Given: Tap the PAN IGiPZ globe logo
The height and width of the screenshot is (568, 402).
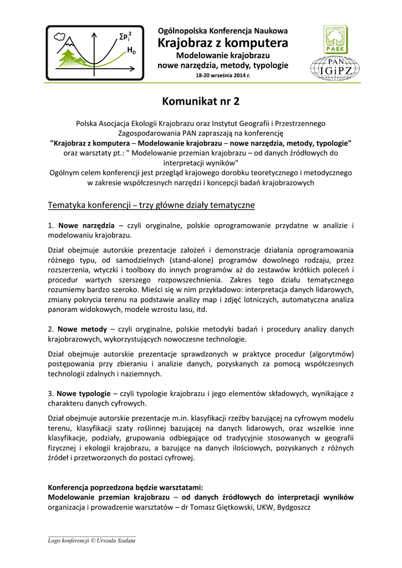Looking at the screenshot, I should [334, 69].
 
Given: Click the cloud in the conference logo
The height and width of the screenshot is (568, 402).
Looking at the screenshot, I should [60, 37].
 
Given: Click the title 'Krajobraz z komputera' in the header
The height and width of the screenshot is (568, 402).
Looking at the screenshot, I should [223, 43].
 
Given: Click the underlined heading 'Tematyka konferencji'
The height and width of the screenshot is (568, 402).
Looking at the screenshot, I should [93, 205].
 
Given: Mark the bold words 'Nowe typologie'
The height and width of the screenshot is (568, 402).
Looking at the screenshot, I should [85, 393].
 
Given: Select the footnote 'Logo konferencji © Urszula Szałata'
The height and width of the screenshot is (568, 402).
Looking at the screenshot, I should [91, 540].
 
